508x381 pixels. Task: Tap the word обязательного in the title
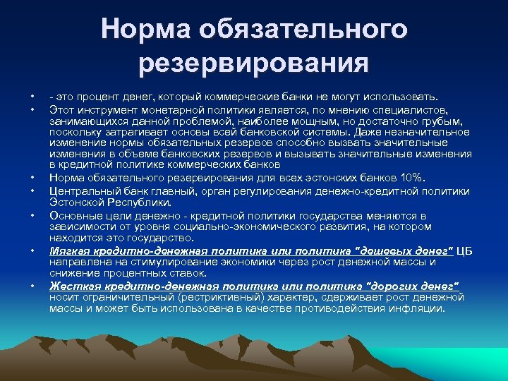(x=306, y=30)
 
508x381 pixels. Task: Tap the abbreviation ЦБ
(x=466, y=250)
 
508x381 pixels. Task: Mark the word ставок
(x=188, y=272)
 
